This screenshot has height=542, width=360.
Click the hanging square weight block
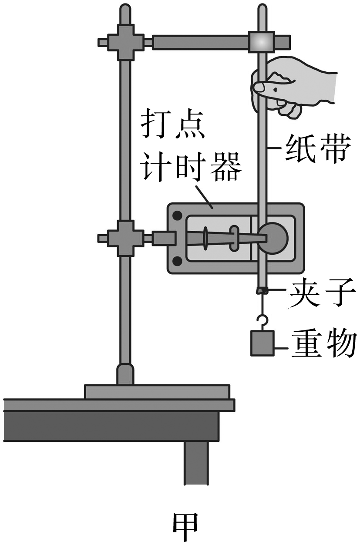click(x=262, y=343)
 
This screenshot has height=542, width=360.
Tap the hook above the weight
click(x=262, y=322)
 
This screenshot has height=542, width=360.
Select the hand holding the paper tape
click(x=296, y=89)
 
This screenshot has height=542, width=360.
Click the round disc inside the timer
click(x=274, y=237)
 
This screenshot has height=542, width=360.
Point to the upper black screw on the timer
click(x=178, y=215)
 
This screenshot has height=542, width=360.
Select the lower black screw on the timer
click(x=178, y=261)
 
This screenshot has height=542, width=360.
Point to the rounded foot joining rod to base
click(x=126, y=374)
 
